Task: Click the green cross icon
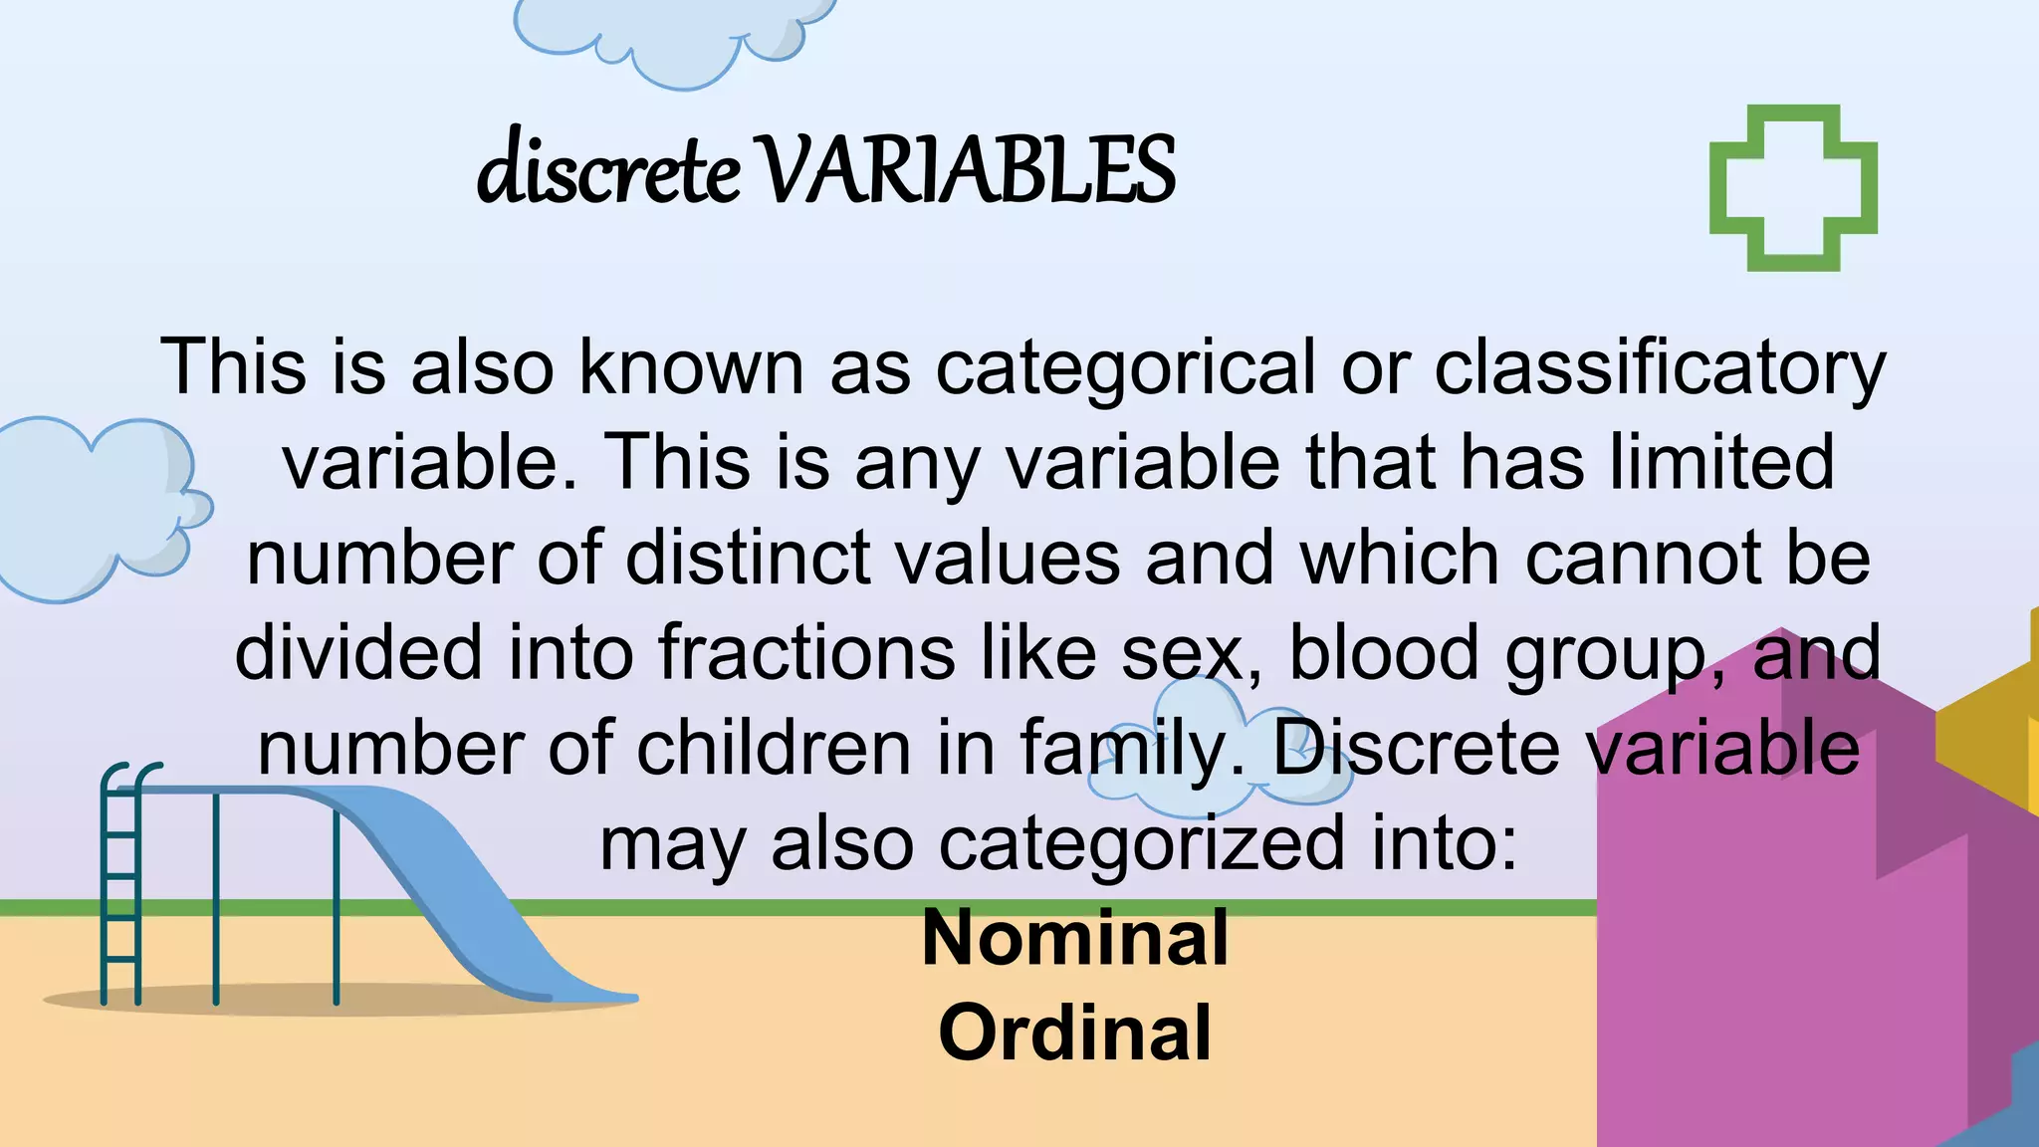(1793, 188)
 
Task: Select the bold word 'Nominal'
(1075, 938)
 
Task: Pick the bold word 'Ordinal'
(1075, 1032)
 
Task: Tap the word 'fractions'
(806, 653)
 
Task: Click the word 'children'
(774, 749)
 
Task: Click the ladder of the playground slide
(120, 886)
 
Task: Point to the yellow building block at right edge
(1991, 737)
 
